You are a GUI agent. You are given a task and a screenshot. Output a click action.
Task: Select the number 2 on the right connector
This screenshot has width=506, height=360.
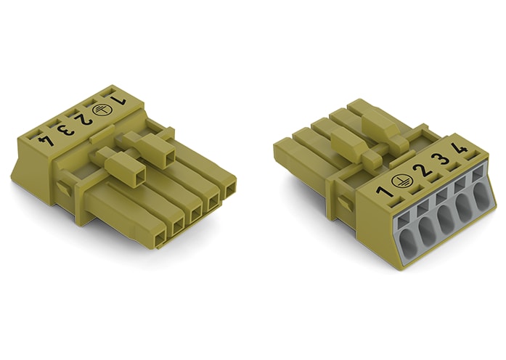(x=419, y=173)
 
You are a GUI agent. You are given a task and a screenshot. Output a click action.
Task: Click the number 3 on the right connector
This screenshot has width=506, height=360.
(x=438, y=163)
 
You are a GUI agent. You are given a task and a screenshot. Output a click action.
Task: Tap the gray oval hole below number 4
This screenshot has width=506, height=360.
(x=480, y=195)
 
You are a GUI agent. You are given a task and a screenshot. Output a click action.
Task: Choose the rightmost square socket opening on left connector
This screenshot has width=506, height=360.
(x=230, y=190)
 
